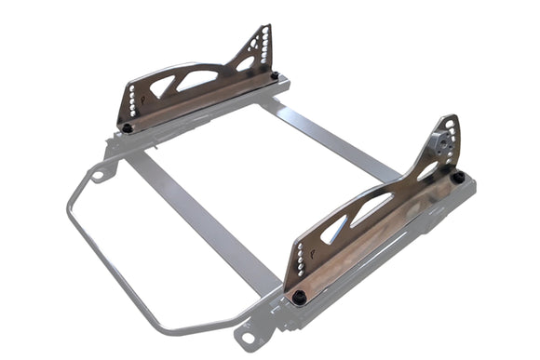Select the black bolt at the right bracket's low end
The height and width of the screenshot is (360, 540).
point(300,298)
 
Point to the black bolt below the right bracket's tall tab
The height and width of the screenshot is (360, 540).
point(458,177)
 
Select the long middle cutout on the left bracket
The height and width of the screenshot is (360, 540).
point(198,78)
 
